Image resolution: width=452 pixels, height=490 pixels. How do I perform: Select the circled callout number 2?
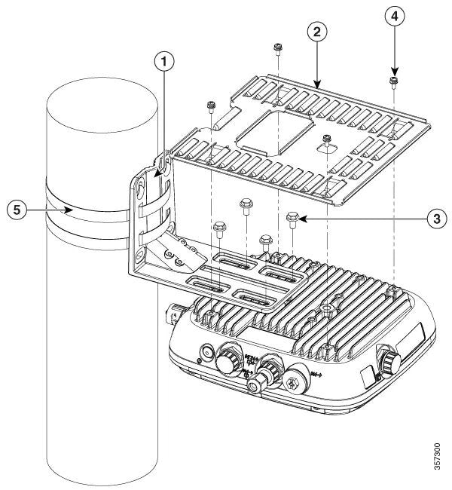tap(317, 32)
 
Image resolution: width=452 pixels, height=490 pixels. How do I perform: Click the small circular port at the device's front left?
tap(205, 351)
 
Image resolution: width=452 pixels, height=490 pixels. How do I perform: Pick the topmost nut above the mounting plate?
tap(277, 47)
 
